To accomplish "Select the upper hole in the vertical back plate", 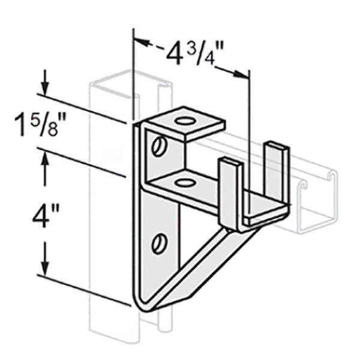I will (159, 145).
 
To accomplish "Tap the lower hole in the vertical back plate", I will (159, 244).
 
